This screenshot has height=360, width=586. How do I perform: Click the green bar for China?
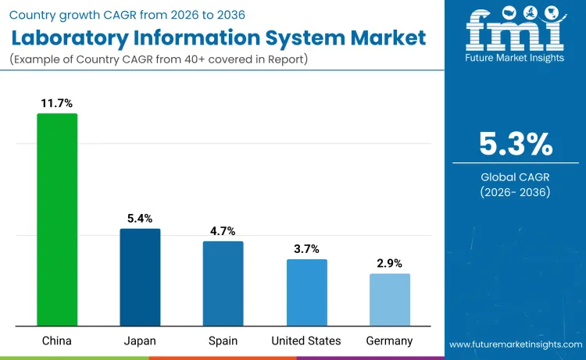pyautogui.click(x=57, y=219)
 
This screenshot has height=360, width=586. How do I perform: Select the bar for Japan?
pyautogui.click(x=140, y=277)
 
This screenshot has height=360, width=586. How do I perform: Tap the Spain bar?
pyautogui.click(x=223, y=283)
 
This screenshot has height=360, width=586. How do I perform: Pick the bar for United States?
pyautogui.click(x=306, y=292)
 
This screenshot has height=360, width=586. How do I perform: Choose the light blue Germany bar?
pyautogui.click(x=389, y=299)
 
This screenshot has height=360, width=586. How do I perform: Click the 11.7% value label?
pyautogui.click(x=57, y=102)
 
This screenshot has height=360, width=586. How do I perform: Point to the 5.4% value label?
pyautogui.click(x=140, y=218)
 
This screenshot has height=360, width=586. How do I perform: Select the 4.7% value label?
pyautogui.click(x=223, y=230)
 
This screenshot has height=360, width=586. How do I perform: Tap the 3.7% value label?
pyautogui.click(x=306, y=248)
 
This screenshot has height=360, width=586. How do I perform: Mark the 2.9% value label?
pyautogui.click(x=389, y=263)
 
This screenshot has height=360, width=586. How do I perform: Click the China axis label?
pyautogui.click(x=57, y=340)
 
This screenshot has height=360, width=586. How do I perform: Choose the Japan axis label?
pyautogui.click(x=140, y=340)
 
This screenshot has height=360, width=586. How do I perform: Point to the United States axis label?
pyautogui.click(x=306, y=340)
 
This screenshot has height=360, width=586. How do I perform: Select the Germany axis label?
pyautogui.click(x=389, y=340)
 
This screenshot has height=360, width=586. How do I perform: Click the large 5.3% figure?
pyautogui.click(x=515, y=144)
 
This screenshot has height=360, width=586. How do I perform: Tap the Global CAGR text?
pyautogui.click(x=515, y=176)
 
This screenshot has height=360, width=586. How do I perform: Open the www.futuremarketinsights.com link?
pyautogui.click(x=515, y=344)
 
